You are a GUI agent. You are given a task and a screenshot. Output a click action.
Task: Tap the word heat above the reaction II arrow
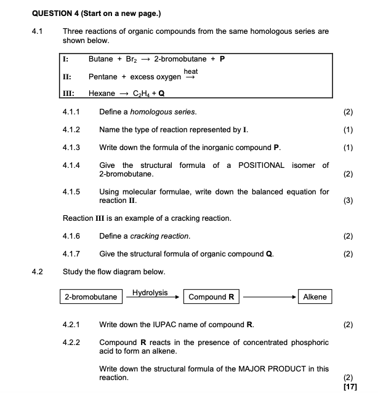(191, 71)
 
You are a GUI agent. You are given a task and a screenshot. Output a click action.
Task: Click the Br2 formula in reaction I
(131, 59)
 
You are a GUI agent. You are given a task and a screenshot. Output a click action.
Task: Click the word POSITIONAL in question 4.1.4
(261, 165)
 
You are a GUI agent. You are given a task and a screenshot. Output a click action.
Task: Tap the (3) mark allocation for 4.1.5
(348, 200)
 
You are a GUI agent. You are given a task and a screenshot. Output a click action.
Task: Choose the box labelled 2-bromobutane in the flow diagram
(91, 297)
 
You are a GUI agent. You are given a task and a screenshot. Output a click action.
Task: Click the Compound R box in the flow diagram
(211, 297)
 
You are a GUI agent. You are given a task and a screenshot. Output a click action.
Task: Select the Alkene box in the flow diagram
(315, 297)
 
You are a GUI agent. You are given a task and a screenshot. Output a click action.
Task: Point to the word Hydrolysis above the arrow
(150, 292)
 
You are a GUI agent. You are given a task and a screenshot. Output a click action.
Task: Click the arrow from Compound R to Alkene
(268, 297)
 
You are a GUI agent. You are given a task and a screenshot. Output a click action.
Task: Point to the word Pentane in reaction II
(102, 77)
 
